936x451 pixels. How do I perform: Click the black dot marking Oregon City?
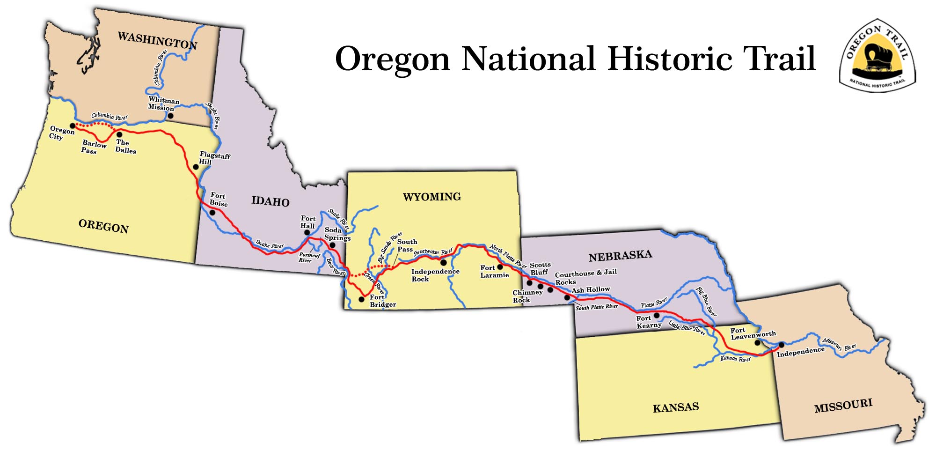click(73, 126)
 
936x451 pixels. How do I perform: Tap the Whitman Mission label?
click(163, 104)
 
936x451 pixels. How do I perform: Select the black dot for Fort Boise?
click(212, 213)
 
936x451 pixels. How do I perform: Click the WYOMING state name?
click(432, 197)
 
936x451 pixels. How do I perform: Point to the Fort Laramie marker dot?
click(500, 267)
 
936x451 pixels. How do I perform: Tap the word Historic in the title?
click(670, 59)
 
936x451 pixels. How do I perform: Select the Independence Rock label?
click(435, 275)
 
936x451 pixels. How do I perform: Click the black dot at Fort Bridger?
click(361, 299)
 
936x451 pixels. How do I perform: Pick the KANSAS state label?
click(676, 407)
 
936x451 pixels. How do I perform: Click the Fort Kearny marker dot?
click(657, 315)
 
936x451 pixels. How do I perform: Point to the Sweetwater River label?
click(432, 252)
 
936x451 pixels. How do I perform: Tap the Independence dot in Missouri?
click(781, 345)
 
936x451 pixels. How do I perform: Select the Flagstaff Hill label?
click(214, 158)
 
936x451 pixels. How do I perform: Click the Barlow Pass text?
click(94, 147)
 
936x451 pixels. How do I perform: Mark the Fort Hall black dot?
click(307, 232)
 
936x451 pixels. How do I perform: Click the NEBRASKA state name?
click(620, 256)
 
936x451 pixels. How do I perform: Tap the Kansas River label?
click(735, 359)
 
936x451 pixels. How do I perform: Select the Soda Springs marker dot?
click(332, 245)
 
